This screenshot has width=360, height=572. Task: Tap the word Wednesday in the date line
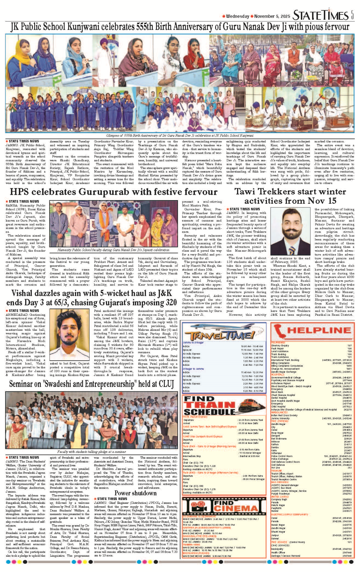tap(237, 16)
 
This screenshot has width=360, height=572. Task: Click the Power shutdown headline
tap(136, 493)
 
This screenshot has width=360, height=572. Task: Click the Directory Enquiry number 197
tap(349, 345)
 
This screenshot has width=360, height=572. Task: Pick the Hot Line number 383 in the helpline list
tap(349, 468)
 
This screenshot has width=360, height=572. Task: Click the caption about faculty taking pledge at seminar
tap(91, 452)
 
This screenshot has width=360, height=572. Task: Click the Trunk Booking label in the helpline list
tap(278, 354)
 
